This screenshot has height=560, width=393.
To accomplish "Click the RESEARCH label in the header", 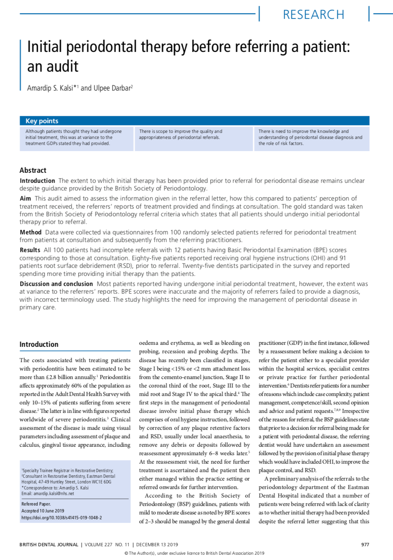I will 313,15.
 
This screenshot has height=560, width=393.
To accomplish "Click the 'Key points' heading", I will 42,121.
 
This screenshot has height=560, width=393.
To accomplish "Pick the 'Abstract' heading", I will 33,170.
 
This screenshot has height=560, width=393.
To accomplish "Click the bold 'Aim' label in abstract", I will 25,198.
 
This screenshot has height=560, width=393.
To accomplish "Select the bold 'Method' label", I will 31,232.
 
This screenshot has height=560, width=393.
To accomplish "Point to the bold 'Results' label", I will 30,250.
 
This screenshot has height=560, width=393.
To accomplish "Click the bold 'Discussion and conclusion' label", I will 56,284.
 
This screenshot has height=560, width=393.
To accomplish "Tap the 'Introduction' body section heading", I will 39,344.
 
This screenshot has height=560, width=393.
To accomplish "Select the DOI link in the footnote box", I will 62,518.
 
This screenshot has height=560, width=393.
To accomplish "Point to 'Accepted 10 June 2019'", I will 43,511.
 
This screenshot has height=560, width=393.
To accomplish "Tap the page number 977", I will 365,544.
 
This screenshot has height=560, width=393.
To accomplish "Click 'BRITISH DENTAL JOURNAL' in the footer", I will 49,544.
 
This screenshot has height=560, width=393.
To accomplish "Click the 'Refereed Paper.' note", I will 36,504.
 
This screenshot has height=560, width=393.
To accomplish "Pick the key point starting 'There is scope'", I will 180,134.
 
